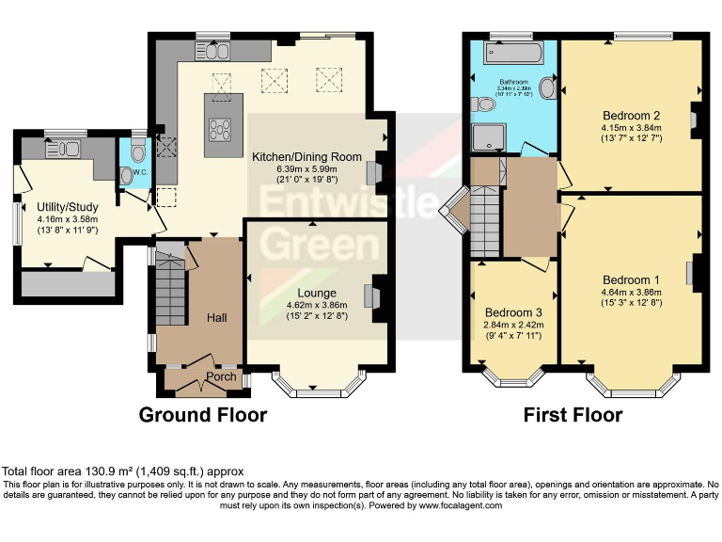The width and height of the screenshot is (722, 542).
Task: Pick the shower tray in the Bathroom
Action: (488, 139)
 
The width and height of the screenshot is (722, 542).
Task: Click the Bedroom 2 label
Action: (632, 116)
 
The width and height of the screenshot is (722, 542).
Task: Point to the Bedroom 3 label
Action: (513, 312)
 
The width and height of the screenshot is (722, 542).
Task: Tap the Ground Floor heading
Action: (203, 415)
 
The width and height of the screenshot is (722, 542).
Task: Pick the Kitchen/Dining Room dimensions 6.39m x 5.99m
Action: (315, 168)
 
